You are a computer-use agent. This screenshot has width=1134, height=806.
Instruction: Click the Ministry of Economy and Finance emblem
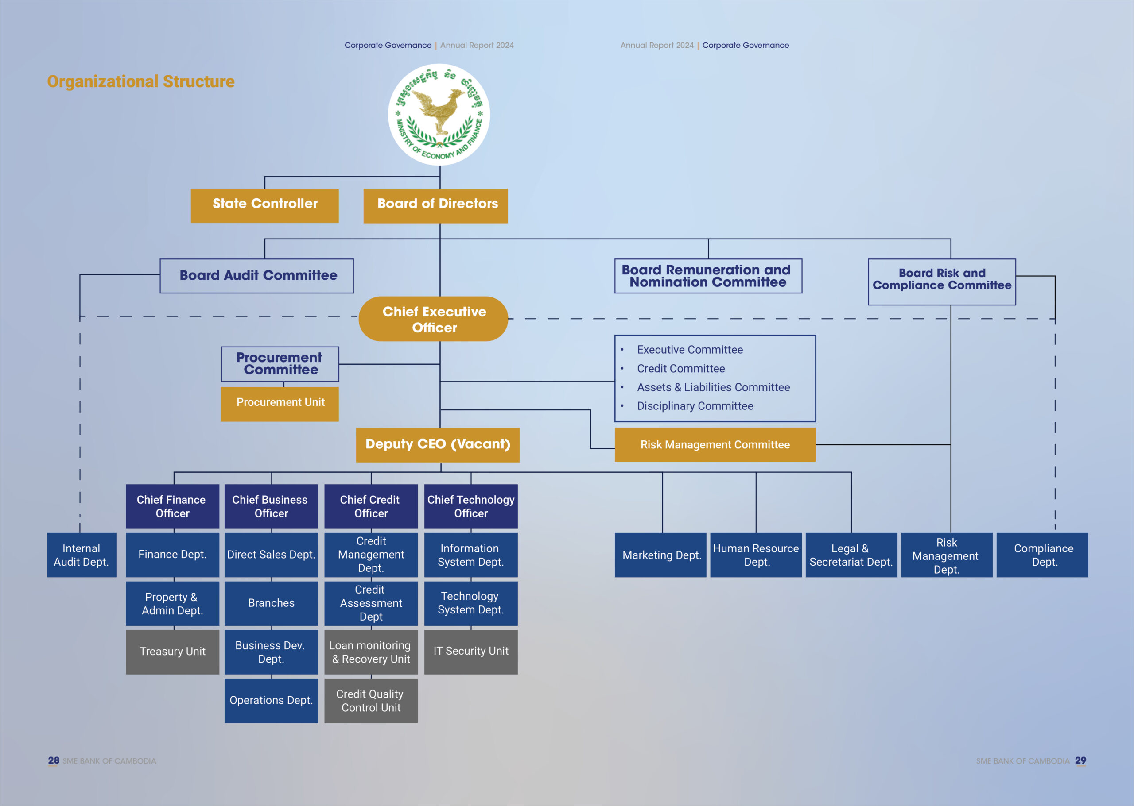click(x=439, y=115)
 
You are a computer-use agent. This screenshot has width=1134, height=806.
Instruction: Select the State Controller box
click(x=264, y=205)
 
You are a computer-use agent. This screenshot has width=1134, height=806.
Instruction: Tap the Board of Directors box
click(x=435, y=205)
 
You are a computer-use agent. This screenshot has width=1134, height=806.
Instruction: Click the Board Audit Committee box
click(x=256, y=275)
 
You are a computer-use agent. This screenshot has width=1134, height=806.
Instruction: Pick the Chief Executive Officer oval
click(x=433, y=319)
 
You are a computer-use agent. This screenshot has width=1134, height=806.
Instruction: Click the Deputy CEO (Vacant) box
click(x=437, y=445)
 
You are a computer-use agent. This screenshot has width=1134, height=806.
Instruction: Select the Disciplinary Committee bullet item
click(x=695, y=406)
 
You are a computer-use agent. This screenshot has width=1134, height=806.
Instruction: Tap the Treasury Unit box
click(x=172, y=652)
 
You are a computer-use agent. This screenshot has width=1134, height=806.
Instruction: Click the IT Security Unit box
click(x=470, y=652)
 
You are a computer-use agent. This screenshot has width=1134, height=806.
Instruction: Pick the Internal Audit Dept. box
click(x=82, y=555)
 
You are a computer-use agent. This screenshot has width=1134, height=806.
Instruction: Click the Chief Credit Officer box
click(x=371, y=506)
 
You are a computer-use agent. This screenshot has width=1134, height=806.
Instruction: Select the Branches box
click(x=271, y=603)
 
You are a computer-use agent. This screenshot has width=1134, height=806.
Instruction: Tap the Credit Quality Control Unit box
click(x=371, y=700)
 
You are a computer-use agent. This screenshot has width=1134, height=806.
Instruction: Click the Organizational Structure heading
click(x=140, y=81)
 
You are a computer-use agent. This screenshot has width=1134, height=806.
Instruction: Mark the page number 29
click(x=1080, y=760)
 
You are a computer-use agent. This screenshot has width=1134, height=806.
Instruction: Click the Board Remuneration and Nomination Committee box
click(x=707, y=276)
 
